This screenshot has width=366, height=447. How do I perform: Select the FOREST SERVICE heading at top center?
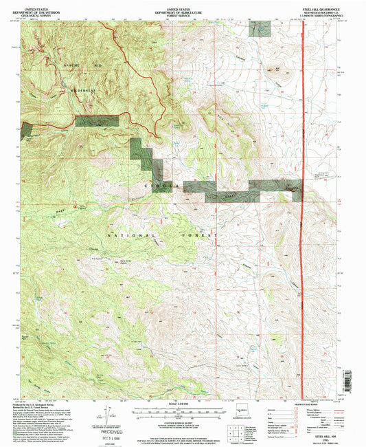coord(183,15)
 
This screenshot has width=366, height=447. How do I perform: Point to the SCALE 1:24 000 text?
coord(183,402)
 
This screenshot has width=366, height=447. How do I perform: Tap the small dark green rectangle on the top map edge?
coord(261,28)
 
